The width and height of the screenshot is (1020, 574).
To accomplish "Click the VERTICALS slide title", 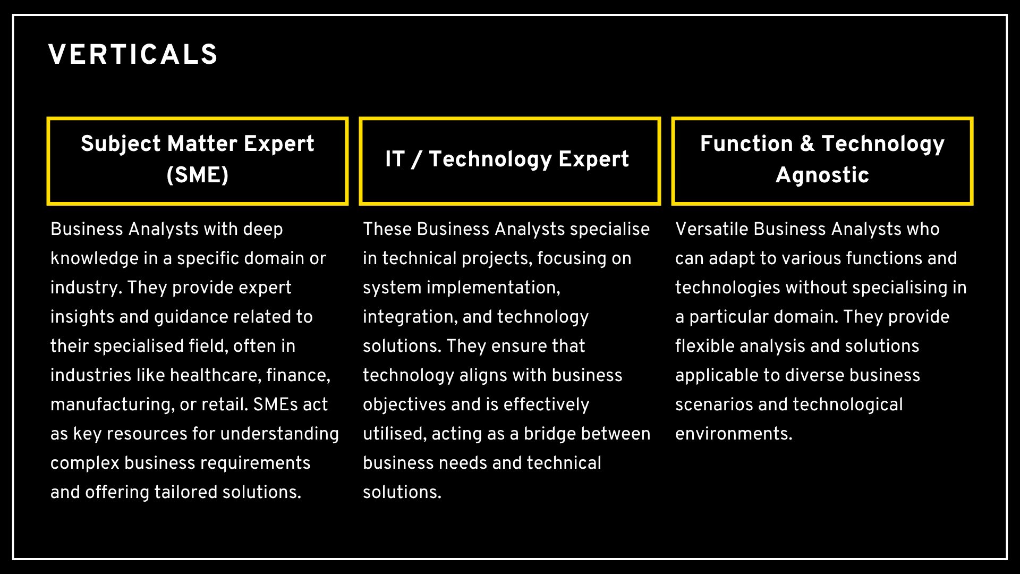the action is pos(133,55).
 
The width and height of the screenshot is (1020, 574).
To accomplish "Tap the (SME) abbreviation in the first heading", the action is pos(198,175).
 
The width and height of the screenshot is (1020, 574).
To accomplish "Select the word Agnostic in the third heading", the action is pos(822,175).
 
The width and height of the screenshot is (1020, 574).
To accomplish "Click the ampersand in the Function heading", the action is pos(807,143).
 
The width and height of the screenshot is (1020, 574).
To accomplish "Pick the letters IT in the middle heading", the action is pos(395,159).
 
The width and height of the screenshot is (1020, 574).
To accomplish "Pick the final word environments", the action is pos(734,434).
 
